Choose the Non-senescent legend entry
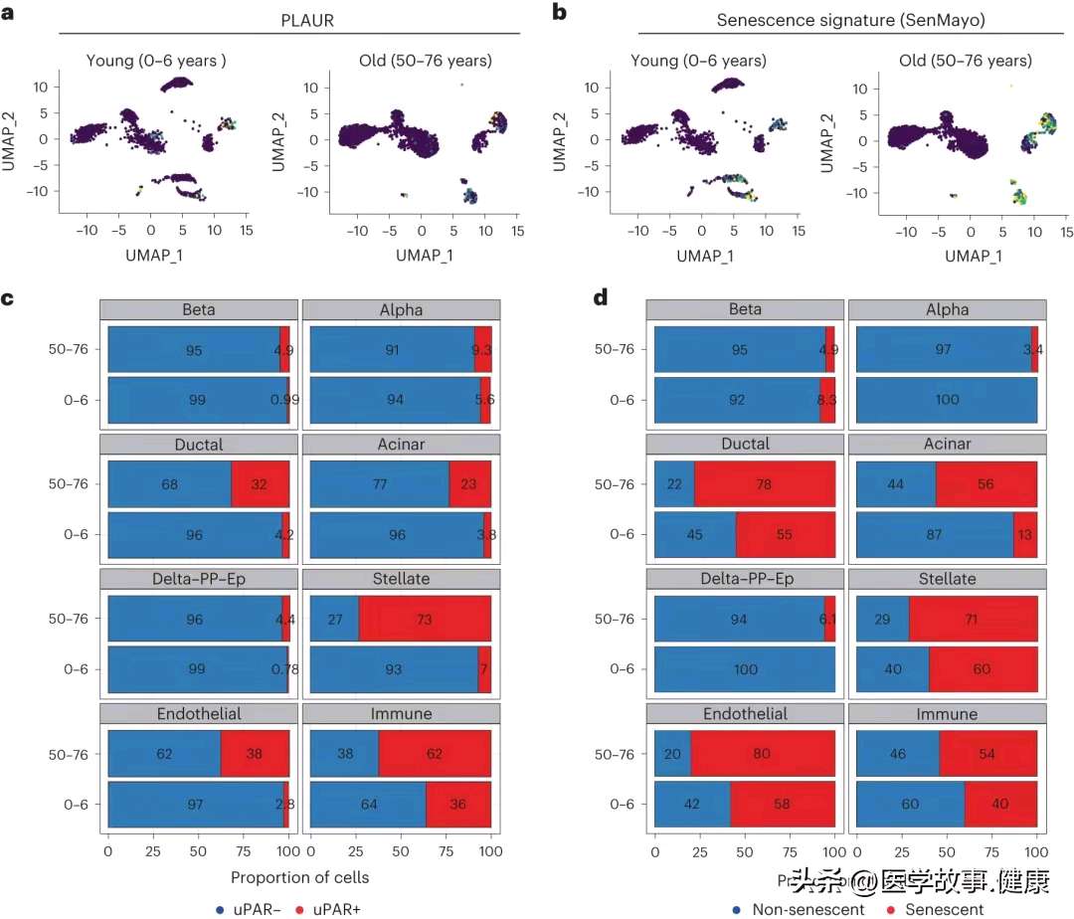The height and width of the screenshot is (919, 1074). (x=801, y=908)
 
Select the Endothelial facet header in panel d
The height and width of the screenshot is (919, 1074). (x=745, y=713)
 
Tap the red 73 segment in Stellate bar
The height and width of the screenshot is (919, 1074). (x=425, y=619)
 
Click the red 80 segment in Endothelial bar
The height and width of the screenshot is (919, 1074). (x=763, y=754)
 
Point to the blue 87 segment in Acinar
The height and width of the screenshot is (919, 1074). (x=935, y=535)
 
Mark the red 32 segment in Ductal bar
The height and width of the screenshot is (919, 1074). (x=261, y=484)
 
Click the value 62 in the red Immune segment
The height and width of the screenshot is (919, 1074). (x=436, y=754)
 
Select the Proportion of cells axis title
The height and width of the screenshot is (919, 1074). (x=299, y=877)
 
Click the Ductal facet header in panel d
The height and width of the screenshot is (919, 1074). (x=745, y=444)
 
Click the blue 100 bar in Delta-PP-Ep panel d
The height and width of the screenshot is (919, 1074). (x=745, y=669)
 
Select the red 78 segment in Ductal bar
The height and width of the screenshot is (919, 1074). (x=764, y=484)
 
